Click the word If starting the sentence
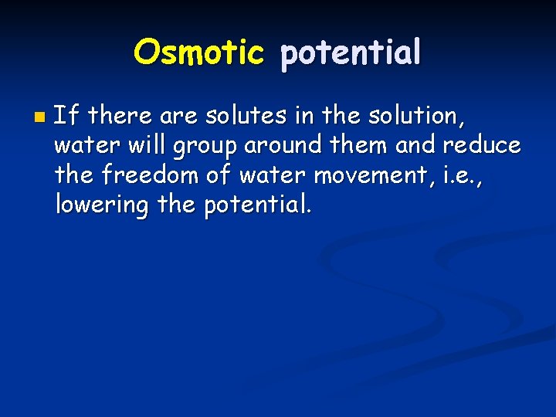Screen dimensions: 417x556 [x=66, y=117]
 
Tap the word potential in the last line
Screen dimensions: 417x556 [x=258, y=205]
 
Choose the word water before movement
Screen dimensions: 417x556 [x=272, y=175]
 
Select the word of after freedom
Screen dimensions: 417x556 [x=220, y=175]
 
